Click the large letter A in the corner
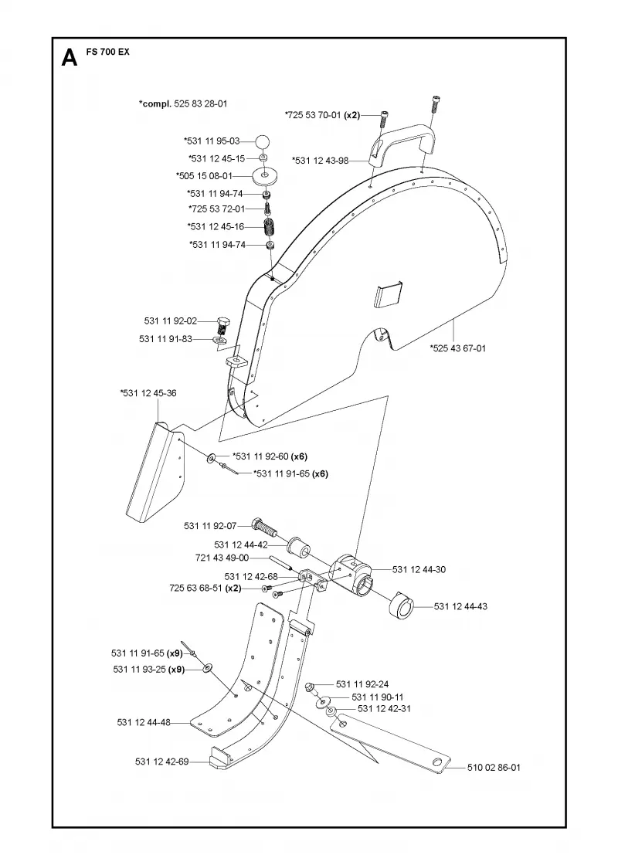70,57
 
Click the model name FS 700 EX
108,53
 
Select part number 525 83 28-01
201,103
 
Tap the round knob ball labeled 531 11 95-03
263,141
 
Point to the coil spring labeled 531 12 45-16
269,227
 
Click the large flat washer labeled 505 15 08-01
266,177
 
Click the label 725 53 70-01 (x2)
322,115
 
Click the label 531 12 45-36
148,393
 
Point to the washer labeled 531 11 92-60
212,459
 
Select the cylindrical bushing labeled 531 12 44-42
298,546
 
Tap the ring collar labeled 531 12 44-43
402,605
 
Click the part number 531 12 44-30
419,570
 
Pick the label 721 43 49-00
222,558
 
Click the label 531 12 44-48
144,722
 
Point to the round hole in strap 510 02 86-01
437,762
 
